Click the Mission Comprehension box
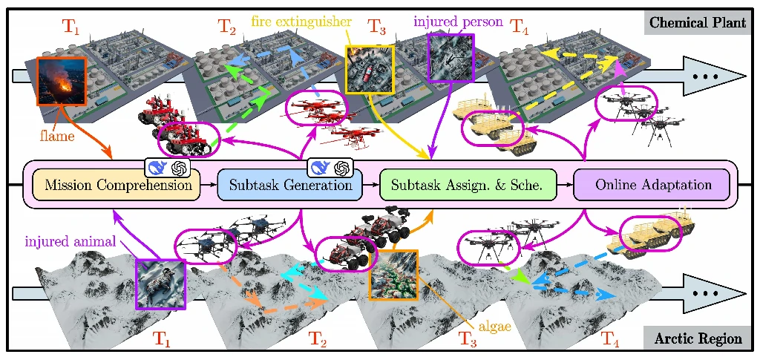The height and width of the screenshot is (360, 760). (x=118, y=185)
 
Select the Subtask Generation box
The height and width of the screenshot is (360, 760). (x=289, y=185)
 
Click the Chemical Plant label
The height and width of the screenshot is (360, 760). (x=697, y=22)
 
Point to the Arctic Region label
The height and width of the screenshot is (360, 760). (x=698, y=339)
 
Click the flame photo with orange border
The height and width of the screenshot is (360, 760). (x=62, y=82)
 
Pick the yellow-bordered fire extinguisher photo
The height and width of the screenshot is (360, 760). (x=370, y=69)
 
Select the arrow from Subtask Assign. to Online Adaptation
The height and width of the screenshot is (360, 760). (x=564, y=185)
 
